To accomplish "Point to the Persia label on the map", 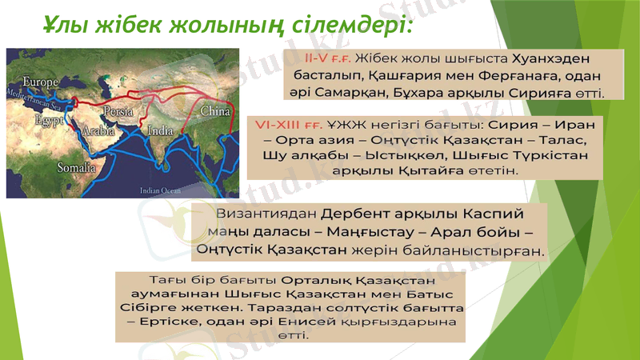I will (x=119, y=110).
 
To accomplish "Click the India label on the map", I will (x=160, y=130).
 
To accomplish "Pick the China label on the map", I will (x=214, y=111).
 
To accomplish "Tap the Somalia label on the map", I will (x=74, y=168).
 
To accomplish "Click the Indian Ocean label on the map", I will (x=160, y=191).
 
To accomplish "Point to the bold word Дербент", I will (x=359, y=215).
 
